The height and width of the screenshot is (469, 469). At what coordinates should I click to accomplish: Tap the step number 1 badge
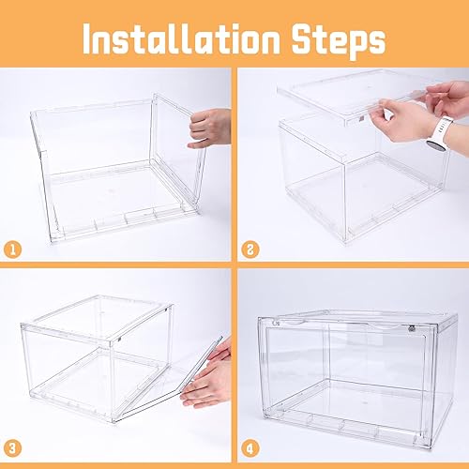(x=14, y=249)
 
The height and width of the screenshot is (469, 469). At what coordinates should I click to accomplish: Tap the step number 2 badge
(x=250, y=249)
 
